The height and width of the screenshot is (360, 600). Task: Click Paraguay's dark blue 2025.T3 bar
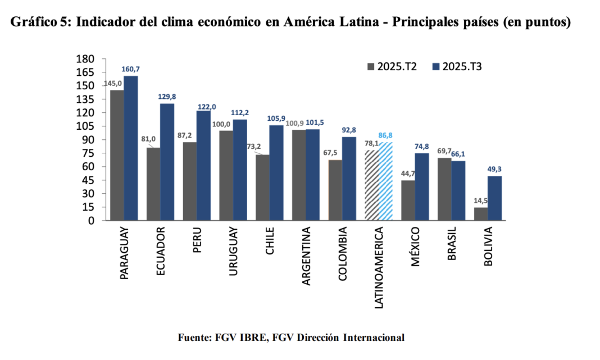pos(131,148)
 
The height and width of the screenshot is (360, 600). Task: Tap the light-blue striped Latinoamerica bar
pos(385,181)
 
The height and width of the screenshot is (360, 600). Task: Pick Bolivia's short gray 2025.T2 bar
pos(481,214)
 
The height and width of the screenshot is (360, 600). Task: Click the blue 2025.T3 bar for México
pos(422,187)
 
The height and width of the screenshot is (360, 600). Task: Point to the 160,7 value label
pos(131,69)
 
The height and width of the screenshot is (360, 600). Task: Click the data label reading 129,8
pos(167,97)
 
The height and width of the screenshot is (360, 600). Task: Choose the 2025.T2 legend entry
pos(391,66)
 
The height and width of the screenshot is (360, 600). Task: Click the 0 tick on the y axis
pos(90,221)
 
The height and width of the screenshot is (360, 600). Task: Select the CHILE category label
pos(270,241)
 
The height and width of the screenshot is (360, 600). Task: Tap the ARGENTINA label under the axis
pos(306,256)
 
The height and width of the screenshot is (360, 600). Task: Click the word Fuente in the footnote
pos(194,338)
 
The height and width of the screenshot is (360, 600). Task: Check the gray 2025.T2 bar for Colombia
pos(335,190)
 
